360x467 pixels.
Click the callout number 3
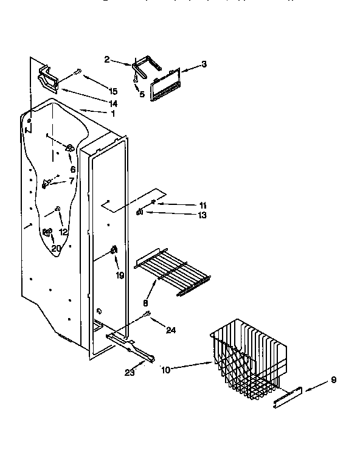(204, 64)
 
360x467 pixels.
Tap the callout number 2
(107, 60)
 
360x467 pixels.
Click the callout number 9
(333, 381)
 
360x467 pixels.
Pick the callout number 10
(166, 368)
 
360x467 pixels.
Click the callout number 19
(120, 275)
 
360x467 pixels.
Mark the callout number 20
(56, 248)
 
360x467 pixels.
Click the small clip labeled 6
(70, 148)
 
